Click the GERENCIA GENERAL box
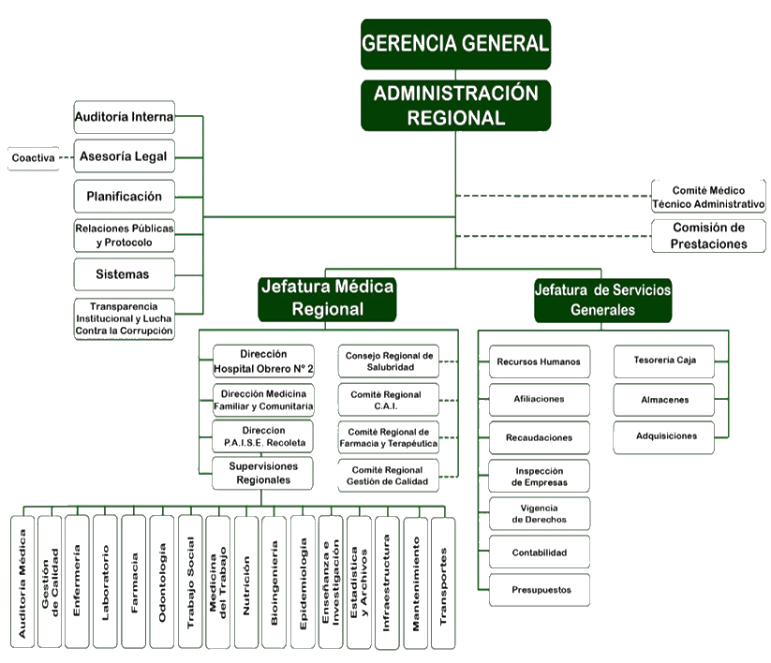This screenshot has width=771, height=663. pyautogui.click(x=455, y=44)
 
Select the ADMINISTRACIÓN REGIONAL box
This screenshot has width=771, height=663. pyautogui.click(x=455, y=105)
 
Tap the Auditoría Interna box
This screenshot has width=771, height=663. pyautogui.click(x=124, y=117)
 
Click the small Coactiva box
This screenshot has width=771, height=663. pyautogui.click(x=33, y=158)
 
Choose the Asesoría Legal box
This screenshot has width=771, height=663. pyautogui.click(x=124, y=156)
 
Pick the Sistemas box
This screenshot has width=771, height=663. pyautogui.click(x=124, y=274)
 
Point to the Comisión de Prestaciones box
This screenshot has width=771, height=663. pyautogui.click(x=708, y=236)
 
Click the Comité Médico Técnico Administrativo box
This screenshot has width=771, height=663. pyautogui.click(x=708, y=197)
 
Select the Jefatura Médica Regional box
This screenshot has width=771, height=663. pyautogui.click(x=327, y=298)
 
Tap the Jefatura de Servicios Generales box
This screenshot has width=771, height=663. pyautogui.click(x=602, y=300)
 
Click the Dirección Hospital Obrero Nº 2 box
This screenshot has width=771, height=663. pyautogui.click(x=263, y=361)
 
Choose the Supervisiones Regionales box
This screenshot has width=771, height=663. pyautogui.click(x=263, y=473)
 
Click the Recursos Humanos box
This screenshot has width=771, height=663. pyautogui.click(x=539, y=361)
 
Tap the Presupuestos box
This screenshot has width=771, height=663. pyautogui.click(x=539, y=590)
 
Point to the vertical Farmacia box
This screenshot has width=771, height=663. pyautogui.click(x=134, y=582)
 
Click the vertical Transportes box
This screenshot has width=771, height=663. pyautogui.click(x=443, y=582)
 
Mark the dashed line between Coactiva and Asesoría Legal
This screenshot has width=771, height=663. pyautogui.click(x=66, y=157)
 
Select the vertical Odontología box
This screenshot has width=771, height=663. pyautogui.click(x=162, y=582)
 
